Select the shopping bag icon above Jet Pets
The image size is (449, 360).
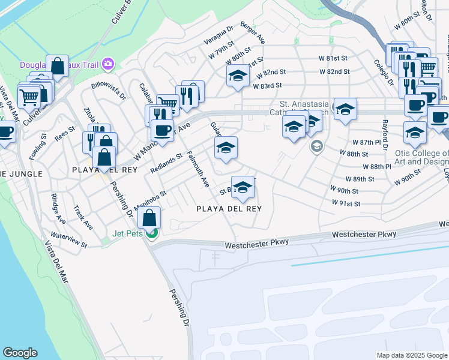[151, 217]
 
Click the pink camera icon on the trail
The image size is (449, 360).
[108, 63]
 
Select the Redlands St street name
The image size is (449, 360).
[166, 163]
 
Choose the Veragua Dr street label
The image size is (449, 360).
[217, 34]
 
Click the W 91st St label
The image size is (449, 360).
[346, 204]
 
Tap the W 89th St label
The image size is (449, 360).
[360, 179]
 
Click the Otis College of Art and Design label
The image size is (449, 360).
[427, 157]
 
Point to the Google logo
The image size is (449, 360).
[20, 353]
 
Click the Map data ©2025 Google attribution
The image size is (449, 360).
[411, 355]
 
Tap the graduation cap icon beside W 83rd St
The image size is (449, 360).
[238, 76]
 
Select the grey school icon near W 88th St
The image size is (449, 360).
[316, 146]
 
